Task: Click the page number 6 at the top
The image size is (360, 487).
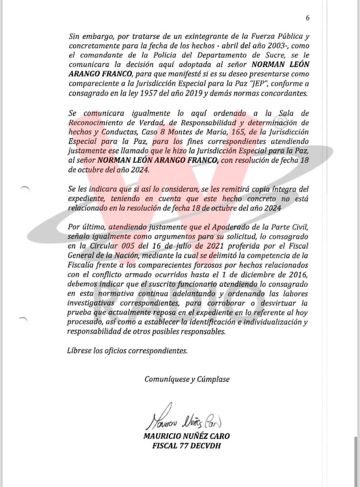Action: (307, 18)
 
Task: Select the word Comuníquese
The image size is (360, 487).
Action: (166, 379)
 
